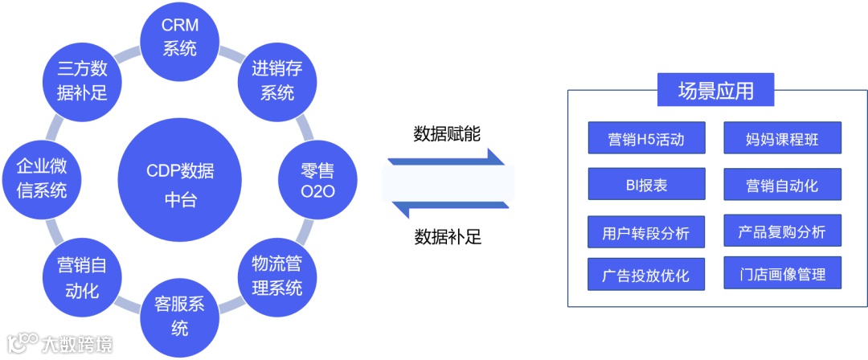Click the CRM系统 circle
pos(180,36)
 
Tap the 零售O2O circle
pos(305,181)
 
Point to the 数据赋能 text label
pos(448,133)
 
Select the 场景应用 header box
pos(716,91)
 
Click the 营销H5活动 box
pos(646,138)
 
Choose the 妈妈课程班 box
pos(782,138)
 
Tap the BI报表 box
pos(646,184)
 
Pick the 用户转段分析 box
pos(646,231)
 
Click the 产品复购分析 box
pos(782,231)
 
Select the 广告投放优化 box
pos(646,274)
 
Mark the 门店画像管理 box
pos(782,274)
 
